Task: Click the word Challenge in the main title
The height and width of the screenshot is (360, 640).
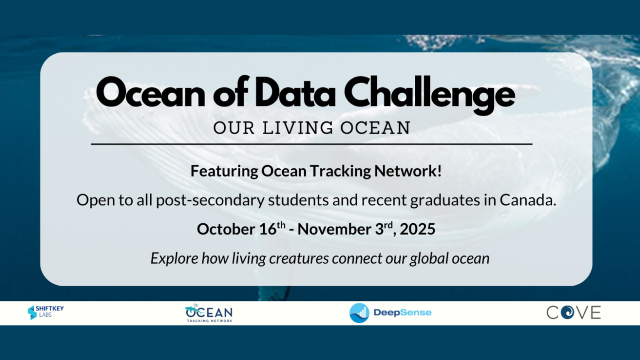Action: click(429, 94)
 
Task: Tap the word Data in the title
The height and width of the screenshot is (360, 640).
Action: click(295, 92)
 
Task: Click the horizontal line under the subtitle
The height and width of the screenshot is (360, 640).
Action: click(312, 144)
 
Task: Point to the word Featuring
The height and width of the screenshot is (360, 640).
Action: click(224, 172)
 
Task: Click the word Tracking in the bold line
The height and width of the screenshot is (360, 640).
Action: click(341, 172)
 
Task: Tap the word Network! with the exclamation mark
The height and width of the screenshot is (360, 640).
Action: click(408, 171)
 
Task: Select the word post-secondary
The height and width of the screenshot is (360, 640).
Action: click(210, 201)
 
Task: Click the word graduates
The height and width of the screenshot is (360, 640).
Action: click(445, 201)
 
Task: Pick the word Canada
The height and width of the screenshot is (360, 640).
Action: click(528, 200)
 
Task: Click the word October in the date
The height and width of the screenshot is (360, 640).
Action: click(226, 229)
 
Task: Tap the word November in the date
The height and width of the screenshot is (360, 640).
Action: click(334, 229)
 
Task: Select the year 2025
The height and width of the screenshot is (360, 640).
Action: click(417, 229)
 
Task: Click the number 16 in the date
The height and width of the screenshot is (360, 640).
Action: click(268, 229)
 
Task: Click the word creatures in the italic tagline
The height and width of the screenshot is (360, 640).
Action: click(299, 259)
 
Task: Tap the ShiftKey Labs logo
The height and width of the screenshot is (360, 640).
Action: click(45, 312)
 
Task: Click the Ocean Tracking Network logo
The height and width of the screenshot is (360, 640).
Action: click(209, 313)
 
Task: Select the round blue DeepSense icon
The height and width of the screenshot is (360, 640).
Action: click(359, 313)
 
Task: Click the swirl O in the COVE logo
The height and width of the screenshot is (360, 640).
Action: click(568, 312)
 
